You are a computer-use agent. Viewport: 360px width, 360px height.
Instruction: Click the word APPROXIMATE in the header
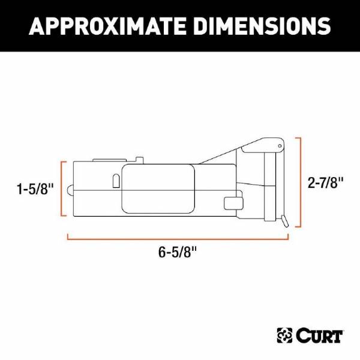(x=107, y=26)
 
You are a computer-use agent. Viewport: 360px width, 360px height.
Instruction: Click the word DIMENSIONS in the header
(x=262, y=26)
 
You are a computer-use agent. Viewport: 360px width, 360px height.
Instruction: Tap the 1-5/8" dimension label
(x=35, y=189)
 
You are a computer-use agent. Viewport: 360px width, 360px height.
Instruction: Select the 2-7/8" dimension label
(x=325, y=183)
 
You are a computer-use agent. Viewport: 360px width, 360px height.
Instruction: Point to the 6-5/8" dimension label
(x=178, y=252)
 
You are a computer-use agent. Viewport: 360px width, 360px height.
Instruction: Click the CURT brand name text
(x=319, y=337)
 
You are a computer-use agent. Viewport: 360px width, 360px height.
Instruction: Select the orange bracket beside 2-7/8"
(x=300, y=182)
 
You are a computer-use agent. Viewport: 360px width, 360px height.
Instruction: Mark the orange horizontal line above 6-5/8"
(x=178, y=239)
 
